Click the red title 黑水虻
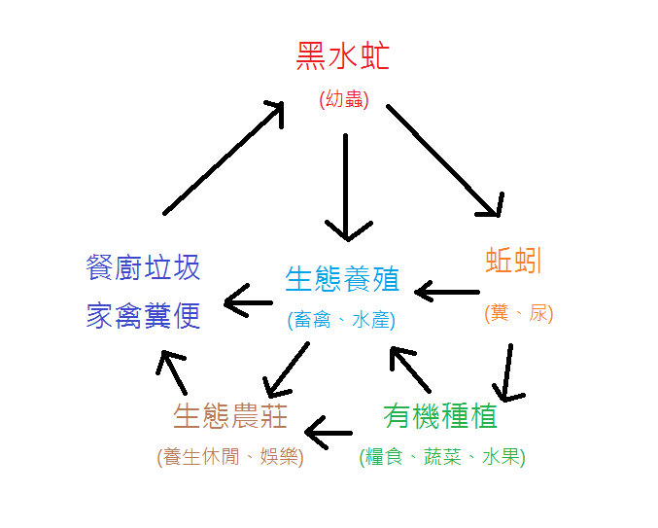(x=343, y=57)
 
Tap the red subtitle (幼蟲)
(x=343, y=98)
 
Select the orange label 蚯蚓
(x=513, y=262)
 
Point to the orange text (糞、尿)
(x=518, y=313)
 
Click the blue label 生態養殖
(x=342, y=279)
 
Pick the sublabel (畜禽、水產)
(x=341, y=319)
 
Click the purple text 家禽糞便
(x=144, y=315)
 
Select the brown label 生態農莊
(x=230, y=416)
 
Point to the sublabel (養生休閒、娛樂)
(x=230, y=456)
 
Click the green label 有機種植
(x=440, y=416)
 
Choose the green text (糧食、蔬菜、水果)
(x=442, y=456)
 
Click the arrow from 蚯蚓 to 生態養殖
(x=447, y=291)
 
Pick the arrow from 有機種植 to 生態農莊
(x=328, y=429)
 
